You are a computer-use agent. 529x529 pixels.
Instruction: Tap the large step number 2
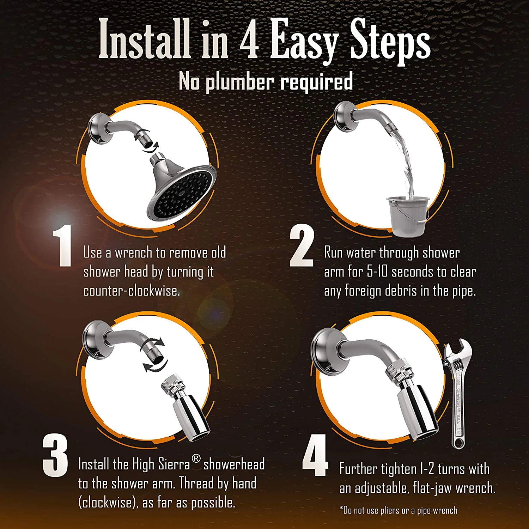click(x=302, y=247)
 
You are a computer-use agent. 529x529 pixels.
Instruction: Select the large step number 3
click(x=55, y=455)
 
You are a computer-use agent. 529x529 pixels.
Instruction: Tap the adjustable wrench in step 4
click(x=457, y=391)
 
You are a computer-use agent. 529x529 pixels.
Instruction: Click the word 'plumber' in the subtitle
click(x=240, y=82)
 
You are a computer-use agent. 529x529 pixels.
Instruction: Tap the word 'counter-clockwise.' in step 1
click(x=132, y=291)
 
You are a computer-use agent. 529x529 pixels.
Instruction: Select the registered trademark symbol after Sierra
click(x=196, y=459)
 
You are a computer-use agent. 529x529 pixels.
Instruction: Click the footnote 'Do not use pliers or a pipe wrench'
click(x=398, y=510)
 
